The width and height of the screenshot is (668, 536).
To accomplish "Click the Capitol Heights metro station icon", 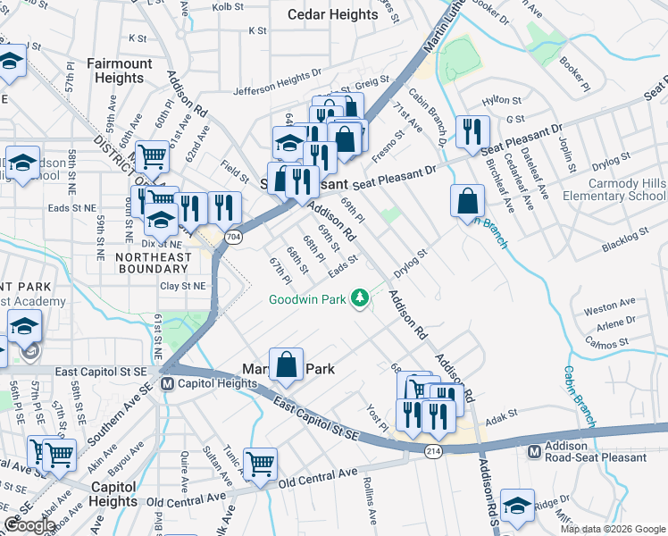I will (166, 384).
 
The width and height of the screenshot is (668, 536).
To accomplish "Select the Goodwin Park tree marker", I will (360, 297).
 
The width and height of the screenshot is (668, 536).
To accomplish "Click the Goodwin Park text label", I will (308, 300).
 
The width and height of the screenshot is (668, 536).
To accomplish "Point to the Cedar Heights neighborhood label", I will (333, 15).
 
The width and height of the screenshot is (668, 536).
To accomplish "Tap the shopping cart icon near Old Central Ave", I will (260, 463).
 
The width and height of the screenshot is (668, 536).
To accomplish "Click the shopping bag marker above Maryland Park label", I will (286, 364).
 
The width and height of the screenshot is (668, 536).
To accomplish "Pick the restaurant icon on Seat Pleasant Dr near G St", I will (468, 131).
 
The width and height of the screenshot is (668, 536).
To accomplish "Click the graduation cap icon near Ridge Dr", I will (517, 506).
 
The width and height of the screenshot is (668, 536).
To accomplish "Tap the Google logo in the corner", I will (29, 525).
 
